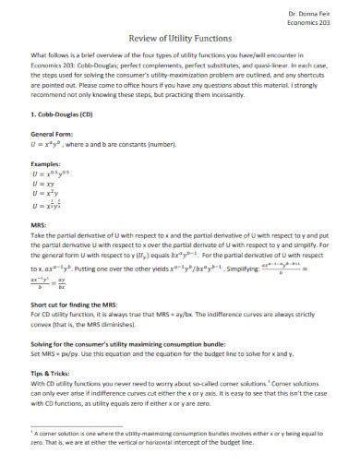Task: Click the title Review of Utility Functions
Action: point(180,37)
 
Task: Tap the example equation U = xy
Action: point(43,184)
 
